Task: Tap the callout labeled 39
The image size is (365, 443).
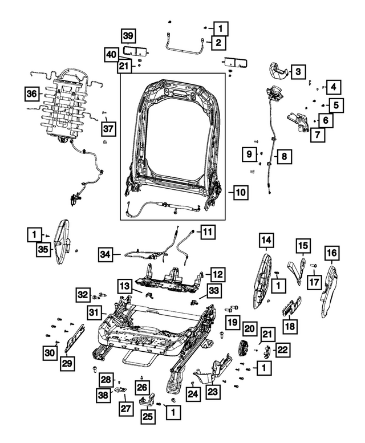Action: pos(129,36)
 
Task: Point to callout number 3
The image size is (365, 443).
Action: pos(297,71)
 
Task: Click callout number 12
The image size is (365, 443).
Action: pos(218,274)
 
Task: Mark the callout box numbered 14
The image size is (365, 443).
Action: pos(265,241)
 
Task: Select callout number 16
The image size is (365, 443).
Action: pos(331,253)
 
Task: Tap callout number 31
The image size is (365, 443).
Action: pos(95,312)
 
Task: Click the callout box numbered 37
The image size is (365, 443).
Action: pos(108,128)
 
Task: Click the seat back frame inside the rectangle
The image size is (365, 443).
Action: pos(171,137)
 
